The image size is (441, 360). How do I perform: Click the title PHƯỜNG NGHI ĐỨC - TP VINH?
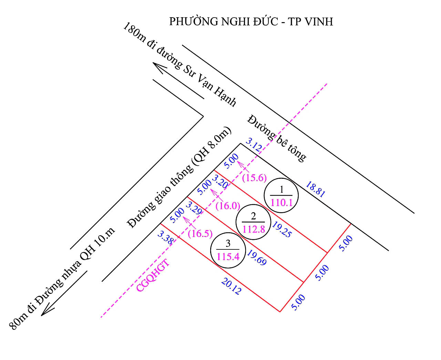point(251,22)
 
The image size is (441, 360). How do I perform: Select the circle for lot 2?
point(254,223)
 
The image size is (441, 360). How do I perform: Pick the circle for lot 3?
point(228,250)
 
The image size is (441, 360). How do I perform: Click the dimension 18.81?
point(315,190)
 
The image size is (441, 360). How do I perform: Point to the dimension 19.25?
point(282,229)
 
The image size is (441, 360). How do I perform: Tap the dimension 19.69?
point(257,258)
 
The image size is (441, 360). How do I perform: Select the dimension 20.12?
point(231,286)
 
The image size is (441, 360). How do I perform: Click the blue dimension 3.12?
point(254,145)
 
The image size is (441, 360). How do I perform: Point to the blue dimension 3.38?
point(165,237)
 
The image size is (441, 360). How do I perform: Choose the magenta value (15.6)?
point(254,178)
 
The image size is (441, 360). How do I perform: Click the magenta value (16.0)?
point(227,206)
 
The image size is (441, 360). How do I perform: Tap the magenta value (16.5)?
point(200,233)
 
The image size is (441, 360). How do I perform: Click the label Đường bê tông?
point(277,138)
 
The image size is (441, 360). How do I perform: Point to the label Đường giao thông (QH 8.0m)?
point(180,177)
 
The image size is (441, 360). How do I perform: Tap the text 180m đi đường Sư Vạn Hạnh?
point(180,65)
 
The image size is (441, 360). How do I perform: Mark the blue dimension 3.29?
point(194,208)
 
